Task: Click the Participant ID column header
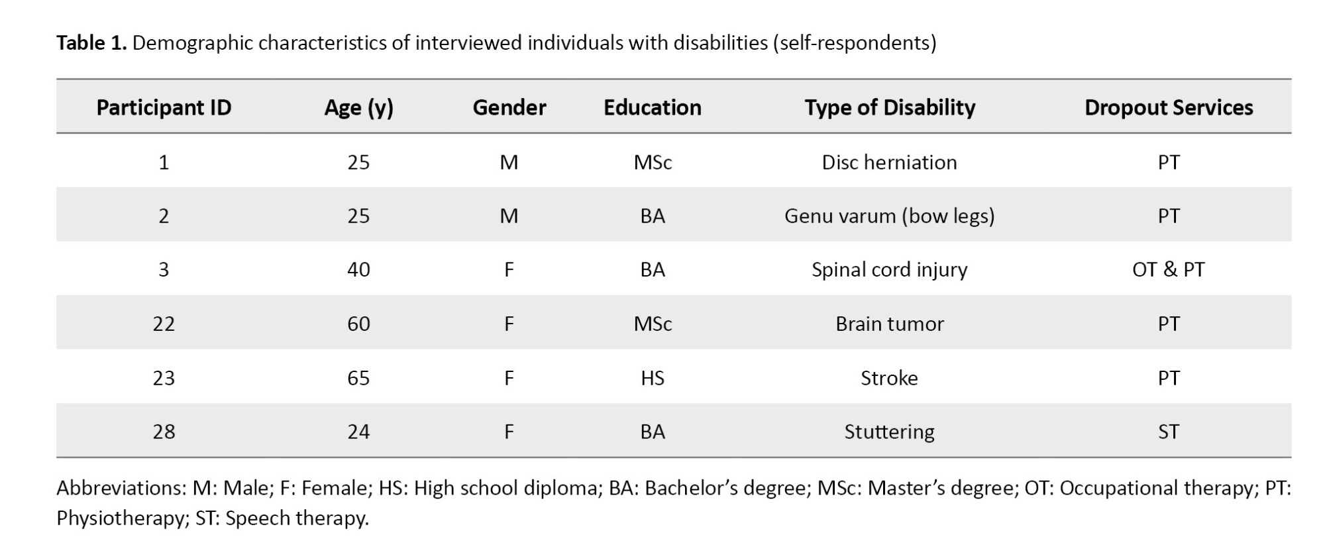tap(164, 107)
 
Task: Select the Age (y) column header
tap(358, 107)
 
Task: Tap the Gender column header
tap(509, 107)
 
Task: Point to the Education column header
tap(652, 107)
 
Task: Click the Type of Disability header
tap(890, 107)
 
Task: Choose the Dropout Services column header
tap(1169, 107)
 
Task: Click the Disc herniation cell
tap(889, 162)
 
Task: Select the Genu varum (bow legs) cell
tap(889, 216)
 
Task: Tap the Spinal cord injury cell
tap(889, 270)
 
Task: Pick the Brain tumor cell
tap(889, 324)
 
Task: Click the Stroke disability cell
tap(889, 378)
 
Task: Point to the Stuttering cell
tap(889, 432)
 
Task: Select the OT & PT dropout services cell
tap(1168, 270)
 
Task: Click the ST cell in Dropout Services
tap(1168, 432)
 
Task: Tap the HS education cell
tap(652, 378)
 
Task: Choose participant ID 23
tap(164, 378)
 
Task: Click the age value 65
tap(358, 378)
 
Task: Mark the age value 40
tap(358, 270)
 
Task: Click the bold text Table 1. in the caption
tap(91, 43)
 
